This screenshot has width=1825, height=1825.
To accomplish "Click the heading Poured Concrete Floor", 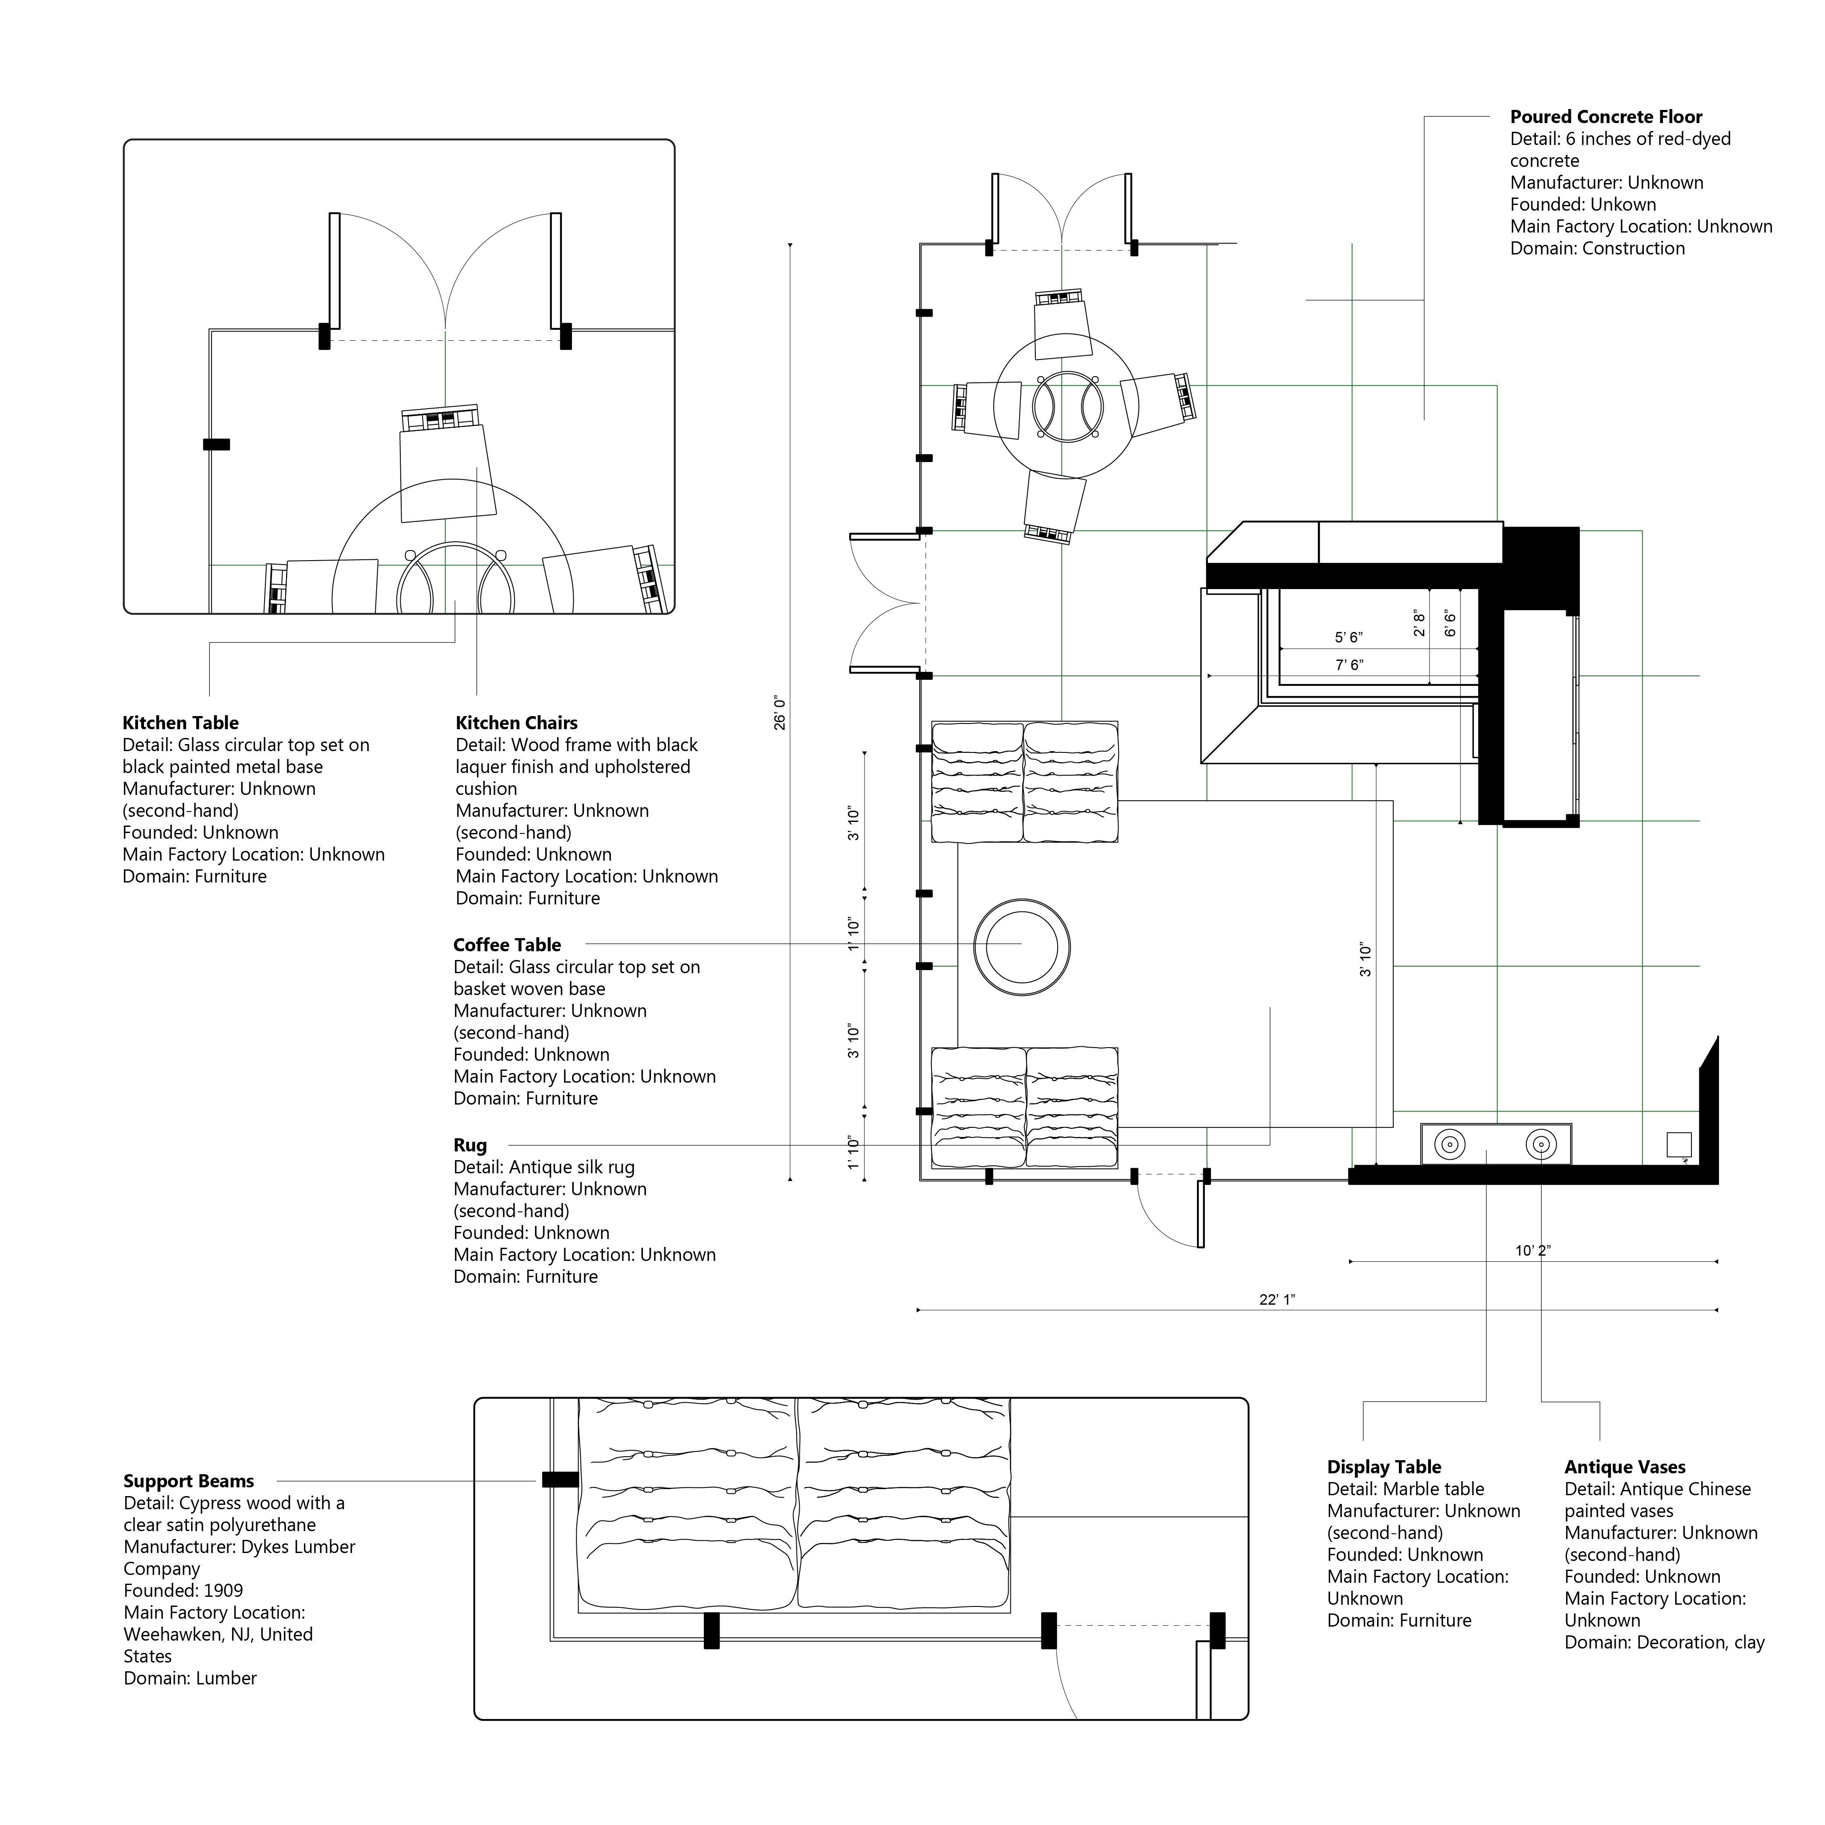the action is pos(1606,117).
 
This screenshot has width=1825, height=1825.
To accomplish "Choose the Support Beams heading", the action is pos(189,1481).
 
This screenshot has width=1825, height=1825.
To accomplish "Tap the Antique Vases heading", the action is pos(1625,1467).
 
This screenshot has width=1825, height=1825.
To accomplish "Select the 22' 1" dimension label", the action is pos(1277,1300).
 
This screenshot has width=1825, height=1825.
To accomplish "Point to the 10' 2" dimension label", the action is pos(1533,1251).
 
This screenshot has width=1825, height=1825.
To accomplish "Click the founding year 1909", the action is pos(223,1591).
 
